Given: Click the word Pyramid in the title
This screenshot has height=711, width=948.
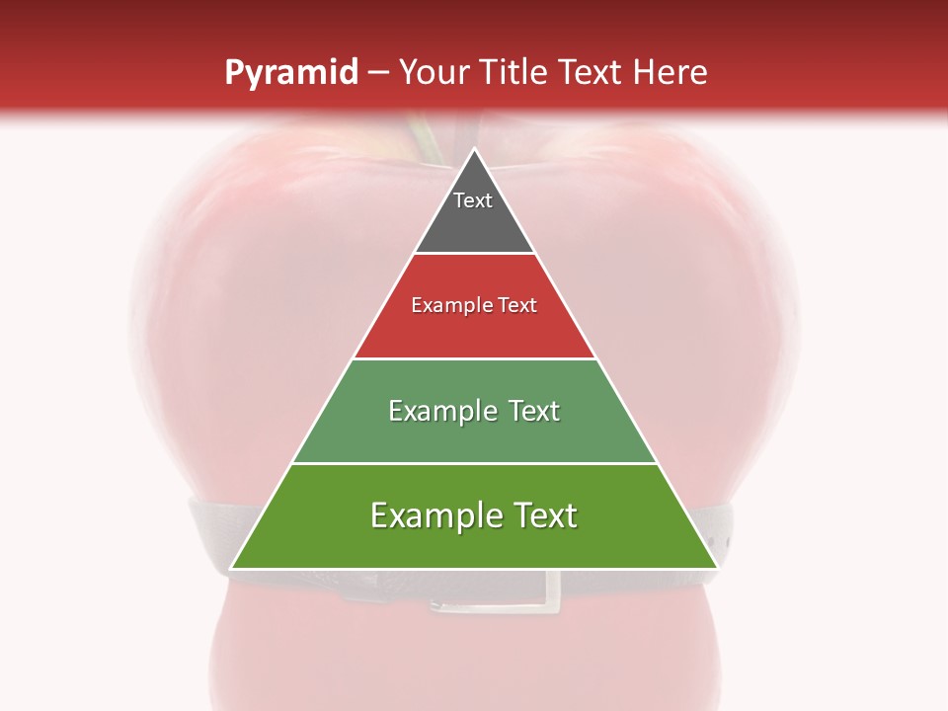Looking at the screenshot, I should coord(290,73).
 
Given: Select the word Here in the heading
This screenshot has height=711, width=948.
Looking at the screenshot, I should coord(671,73).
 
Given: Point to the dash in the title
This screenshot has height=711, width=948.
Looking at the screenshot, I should coord(377,73).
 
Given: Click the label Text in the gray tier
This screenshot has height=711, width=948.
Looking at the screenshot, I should coord(472,200).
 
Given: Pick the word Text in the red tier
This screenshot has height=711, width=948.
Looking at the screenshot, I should coord(516,305).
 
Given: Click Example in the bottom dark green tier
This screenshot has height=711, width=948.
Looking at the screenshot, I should coord(434,515).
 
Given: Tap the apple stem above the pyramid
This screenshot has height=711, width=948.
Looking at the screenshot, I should coord(427,138).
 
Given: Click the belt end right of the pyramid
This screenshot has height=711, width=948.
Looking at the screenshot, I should coord(725,533).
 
